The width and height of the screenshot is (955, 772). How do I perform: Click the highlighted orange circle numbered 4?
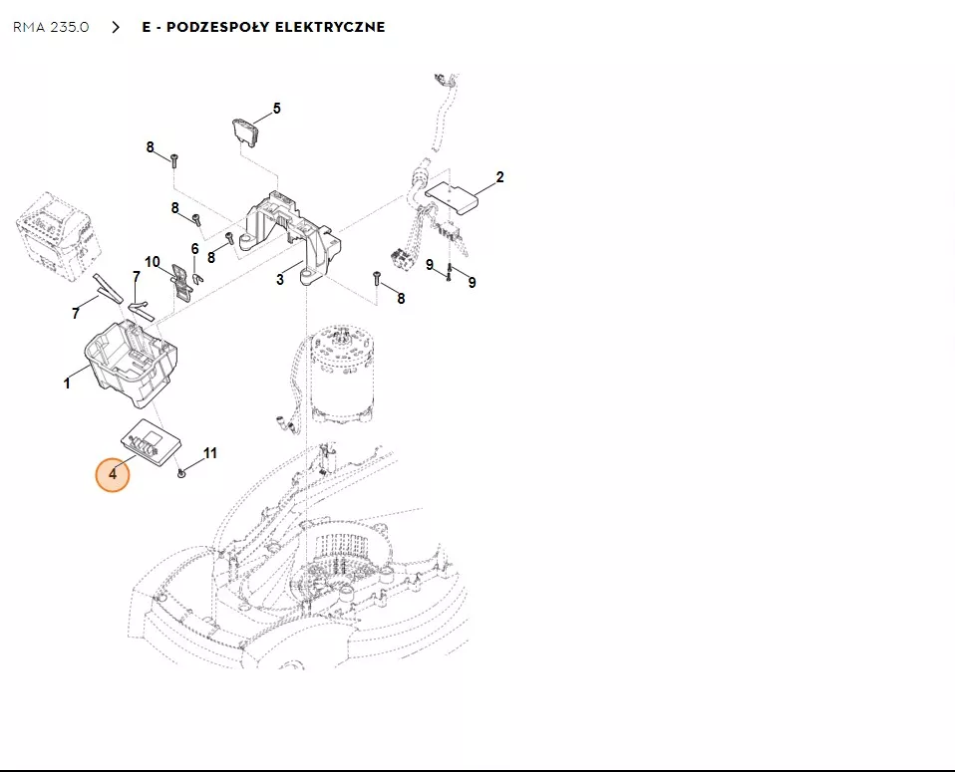[113, 474]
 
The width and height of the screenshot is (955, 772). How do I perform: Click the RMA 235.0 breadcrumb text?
[51, 27]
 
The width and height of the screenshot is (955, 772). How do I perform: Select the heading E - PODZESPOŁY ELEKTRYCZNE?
[263, 27]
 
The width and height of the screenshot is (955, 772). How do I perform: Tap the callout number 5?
[277, 109]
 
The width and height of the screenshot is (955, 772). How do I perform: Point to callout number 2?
[499, 177]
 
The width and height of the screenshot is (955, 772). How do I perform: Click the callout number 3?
[280, 280]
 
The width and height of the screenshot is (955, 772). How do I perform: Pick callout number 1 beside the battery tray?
[67, 383]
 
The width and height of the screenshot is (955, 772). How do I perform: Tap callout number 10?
[153, 262]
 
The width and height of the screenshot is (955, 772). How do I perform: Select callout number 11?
[210, 453]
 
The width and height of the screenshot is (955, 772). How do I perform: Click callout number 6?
[195, 249]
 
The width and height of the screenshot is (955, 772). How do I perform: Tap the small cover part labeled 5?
[244, 131]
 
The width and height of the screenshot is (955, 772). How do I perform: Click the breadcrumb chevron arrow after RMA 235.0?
[116, 27]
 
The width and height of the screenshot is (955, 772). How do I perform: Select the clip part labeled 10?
[181, 281]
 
